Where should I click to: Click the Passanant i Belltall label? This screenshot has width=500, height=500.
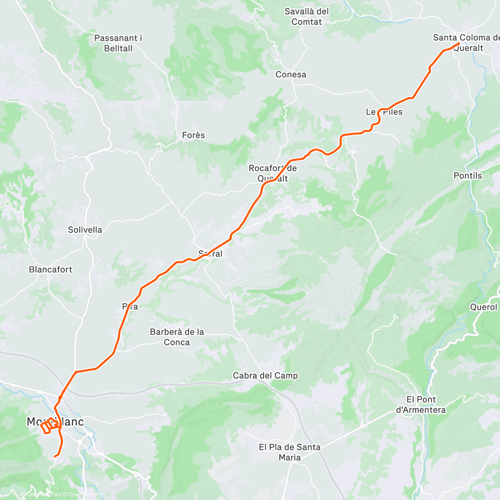click(x=118, y=43)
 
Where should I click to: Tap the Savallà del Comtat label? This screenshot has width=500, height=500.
click(x=307, y=17)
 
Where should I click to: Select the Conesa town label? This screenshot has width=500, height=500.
click(x=291, y=75)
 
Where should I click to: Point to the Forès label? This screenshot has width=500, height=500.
click(x=193, y=135)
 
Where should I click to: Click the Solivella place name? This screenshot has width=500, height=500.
click(x=85, y=230)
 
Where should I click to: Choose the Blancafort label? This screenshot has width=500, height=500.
click(x=50, y=270)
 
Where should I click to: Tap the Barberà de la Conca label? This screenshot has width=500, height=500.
click(x=177, y=337)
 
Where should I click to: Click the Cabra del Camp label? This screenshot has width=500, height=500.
click(x=265, y=375)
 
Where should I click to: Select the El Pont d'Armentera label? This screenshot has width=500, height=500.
click(x=421, y=405)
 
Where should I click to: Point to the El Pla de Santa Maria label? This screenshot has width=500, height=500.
click(x=290, y=452)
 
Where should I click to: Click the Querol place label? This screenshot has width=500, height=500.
click(x=483, y=307)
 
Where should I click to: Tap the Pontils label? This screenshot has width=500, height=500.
click(x=467, y=176)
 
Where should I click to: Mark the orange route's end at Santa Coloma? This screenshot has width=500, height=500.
click(x=458, y=43)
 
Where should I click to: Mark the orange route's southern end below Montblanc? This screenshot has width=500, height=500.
click(x=55, y=457)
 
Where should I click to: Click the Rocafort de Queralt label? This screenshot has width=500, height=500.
click(x=272, y=173)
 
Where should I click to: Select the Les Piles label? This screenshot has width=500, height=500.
click(x=384, y=112)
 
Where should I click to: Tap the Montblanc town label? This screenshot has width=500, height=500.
click(x=49, y=422)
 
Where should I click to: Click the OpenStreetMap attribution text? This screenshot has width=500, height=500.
click(x=87, y=495)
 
